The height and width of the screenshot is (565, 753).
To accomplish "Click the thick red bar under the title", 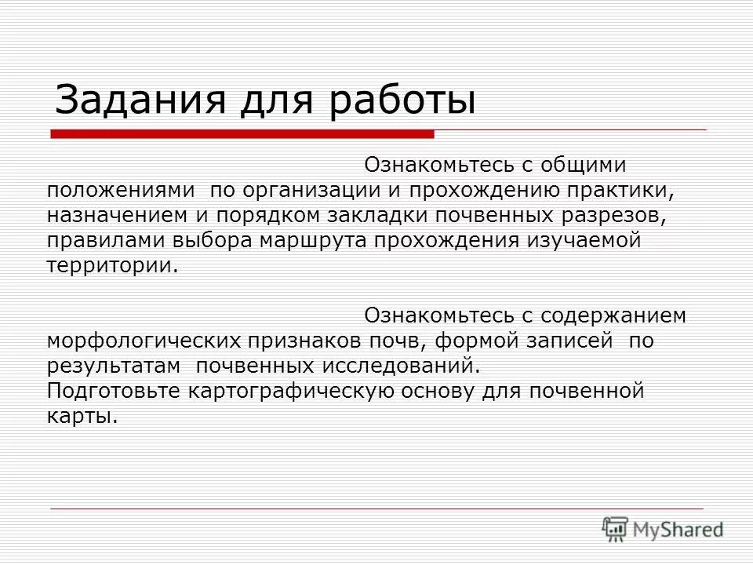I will coord(243,133).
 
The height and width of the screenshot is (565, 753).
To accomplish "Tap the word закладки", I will coord(374,215).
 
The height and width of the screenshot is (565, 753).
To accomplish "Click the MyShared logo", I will coord(664,528).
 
